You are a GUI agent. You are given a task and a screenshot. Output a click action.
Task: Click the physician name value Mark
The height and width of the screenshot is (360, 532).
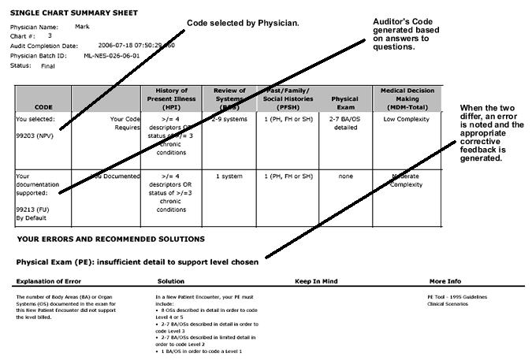[82, 27]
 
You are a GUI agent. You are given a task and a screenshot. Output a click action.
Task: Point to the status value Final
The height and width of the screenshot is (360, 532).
[50, 66]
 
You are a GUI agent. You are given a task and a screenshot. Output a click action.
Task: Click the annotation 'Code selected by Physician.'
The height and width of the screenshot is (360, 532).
[243, 23]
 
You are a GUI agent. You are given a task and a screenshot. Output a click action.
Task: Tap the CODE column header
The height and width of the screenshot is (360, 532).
[43, 106]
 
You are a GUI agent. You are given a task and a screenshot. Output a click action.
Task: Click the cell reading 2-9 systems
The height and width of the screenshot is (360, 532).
[229, 118]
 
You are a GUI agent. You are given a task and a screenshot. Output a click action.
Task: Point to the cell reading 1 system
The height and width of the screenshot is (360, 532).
[229, 176]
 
